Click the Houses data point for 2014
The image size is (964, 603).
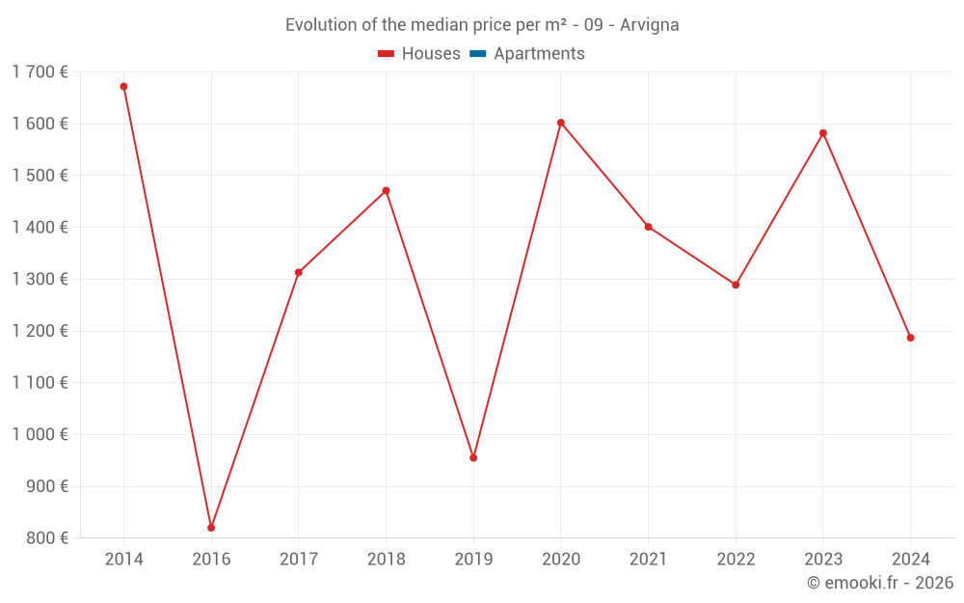pos(123,87)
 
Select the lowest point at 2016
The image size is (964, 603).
pos(211,528)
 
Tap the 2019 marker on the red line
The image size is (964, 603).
pos(473,457)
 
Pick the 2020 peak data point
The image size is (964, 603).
pos(561,123)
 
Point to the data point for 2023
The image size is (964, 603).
pos(823,133)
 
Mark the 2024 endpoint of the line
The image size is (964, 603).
pos(910,338)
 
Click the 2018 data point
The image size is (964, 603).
pos(386,190)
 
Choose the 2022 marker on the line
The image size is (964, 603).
pos(736,285)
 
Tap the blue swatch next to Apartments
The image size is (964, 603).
pos(477,54)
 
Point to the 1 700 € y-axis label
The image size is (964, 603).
pos(40,71)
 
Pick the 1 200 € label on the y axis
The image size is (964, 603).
pos(40,331)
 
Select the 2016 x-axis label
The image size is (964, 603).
pos(211,560)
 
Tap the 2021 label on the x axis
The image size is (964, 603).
pos(648,560)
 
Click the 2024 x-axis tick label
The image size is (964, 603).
pos(910,560)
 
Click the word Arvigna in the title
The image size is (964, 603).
pos(650,25)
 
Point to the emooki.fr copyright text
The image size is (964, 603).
pos(880,583)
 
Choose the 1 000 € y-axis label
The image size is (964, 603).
pos(40,434)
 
